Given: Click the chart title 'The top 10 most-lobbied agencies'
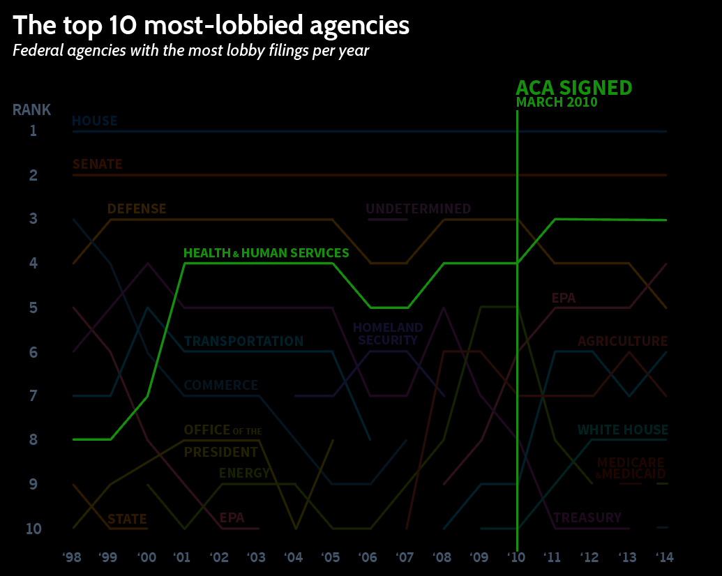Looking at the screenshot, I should (x=211, y=26).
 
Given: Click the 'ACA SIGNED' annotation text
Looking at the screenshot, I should (x=573, y=88).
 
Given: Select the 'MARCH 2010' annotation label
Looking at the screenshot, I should (x=556, y=103).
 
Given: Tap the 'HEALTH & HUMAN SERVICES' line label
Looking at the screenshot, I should (x=266, y=253).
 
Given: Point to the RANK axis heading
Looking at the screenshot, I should (x=31, y=109).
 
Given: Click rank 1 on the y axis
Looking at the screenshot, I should (x=33, y=130).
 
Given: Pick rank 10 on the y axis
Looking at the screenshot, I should (x=33, y=529).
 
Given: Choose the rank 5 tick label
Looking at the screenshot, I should (x=33, y=308).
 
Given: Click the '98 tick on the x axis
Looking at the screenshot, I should (x=71, y=557).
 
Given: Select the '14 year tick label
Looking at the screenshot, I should (x=666, y=557).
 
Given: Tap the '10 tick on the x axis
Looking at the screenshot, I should (x=517, y=557).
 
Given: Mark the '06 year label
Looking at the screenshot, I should (x=368, y=557).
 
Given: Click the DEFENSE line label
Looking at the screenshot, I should (x=137, y=209).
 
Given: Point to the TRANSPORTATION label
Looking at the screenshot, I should (x=243, y=342).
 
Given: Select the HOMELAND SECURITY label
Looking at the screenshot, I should (x=388, y=334).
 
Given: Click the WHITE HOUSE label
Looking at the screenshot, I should (x=622, y=430).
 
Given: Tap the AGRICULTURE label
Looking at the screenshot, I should (x=622, y=342).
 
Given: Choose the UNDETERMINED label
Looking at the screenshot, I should (x=418, y=209).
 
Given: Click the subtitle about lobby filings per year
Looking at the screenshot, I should (x=190, y=51).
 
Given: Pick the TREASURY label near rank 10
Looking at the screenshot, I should (x=587, y=518).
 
